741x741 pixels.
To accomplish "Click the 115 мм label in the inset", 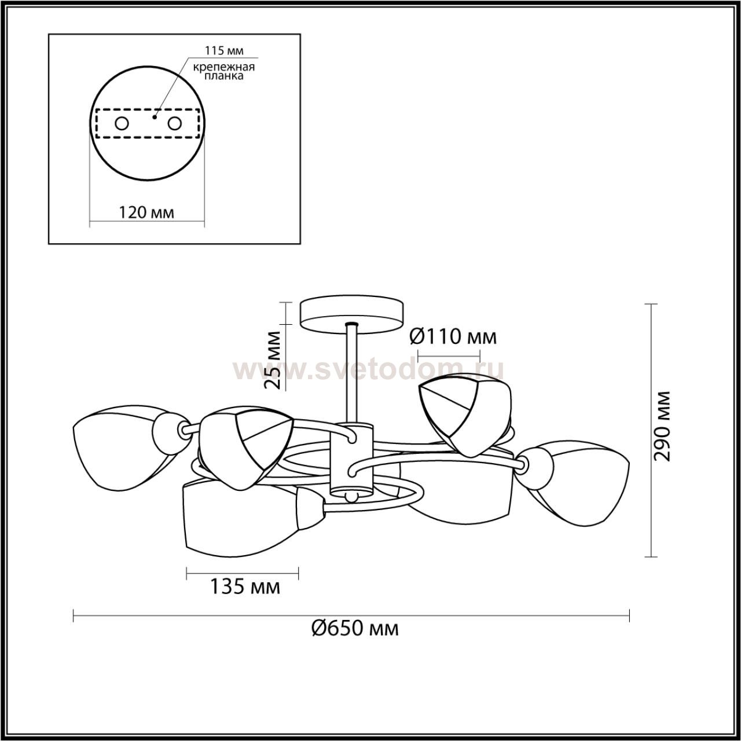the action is [x=223, y=50].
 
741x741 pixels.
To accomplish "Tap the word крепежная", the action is [x=224, y=67].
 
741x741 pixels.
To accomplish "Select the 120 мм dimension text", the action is [x=146, y=212].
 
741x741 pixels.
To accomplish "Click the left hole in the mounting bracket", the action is [x=122, y=124].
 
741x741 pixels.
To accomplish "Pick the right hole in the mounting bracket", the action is [x=174, y=124].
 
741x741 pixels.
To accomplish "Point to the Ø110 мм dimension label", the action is [x=453, y=337].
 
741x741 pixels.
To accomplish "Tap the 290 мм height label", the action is [x=662, y=426].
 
